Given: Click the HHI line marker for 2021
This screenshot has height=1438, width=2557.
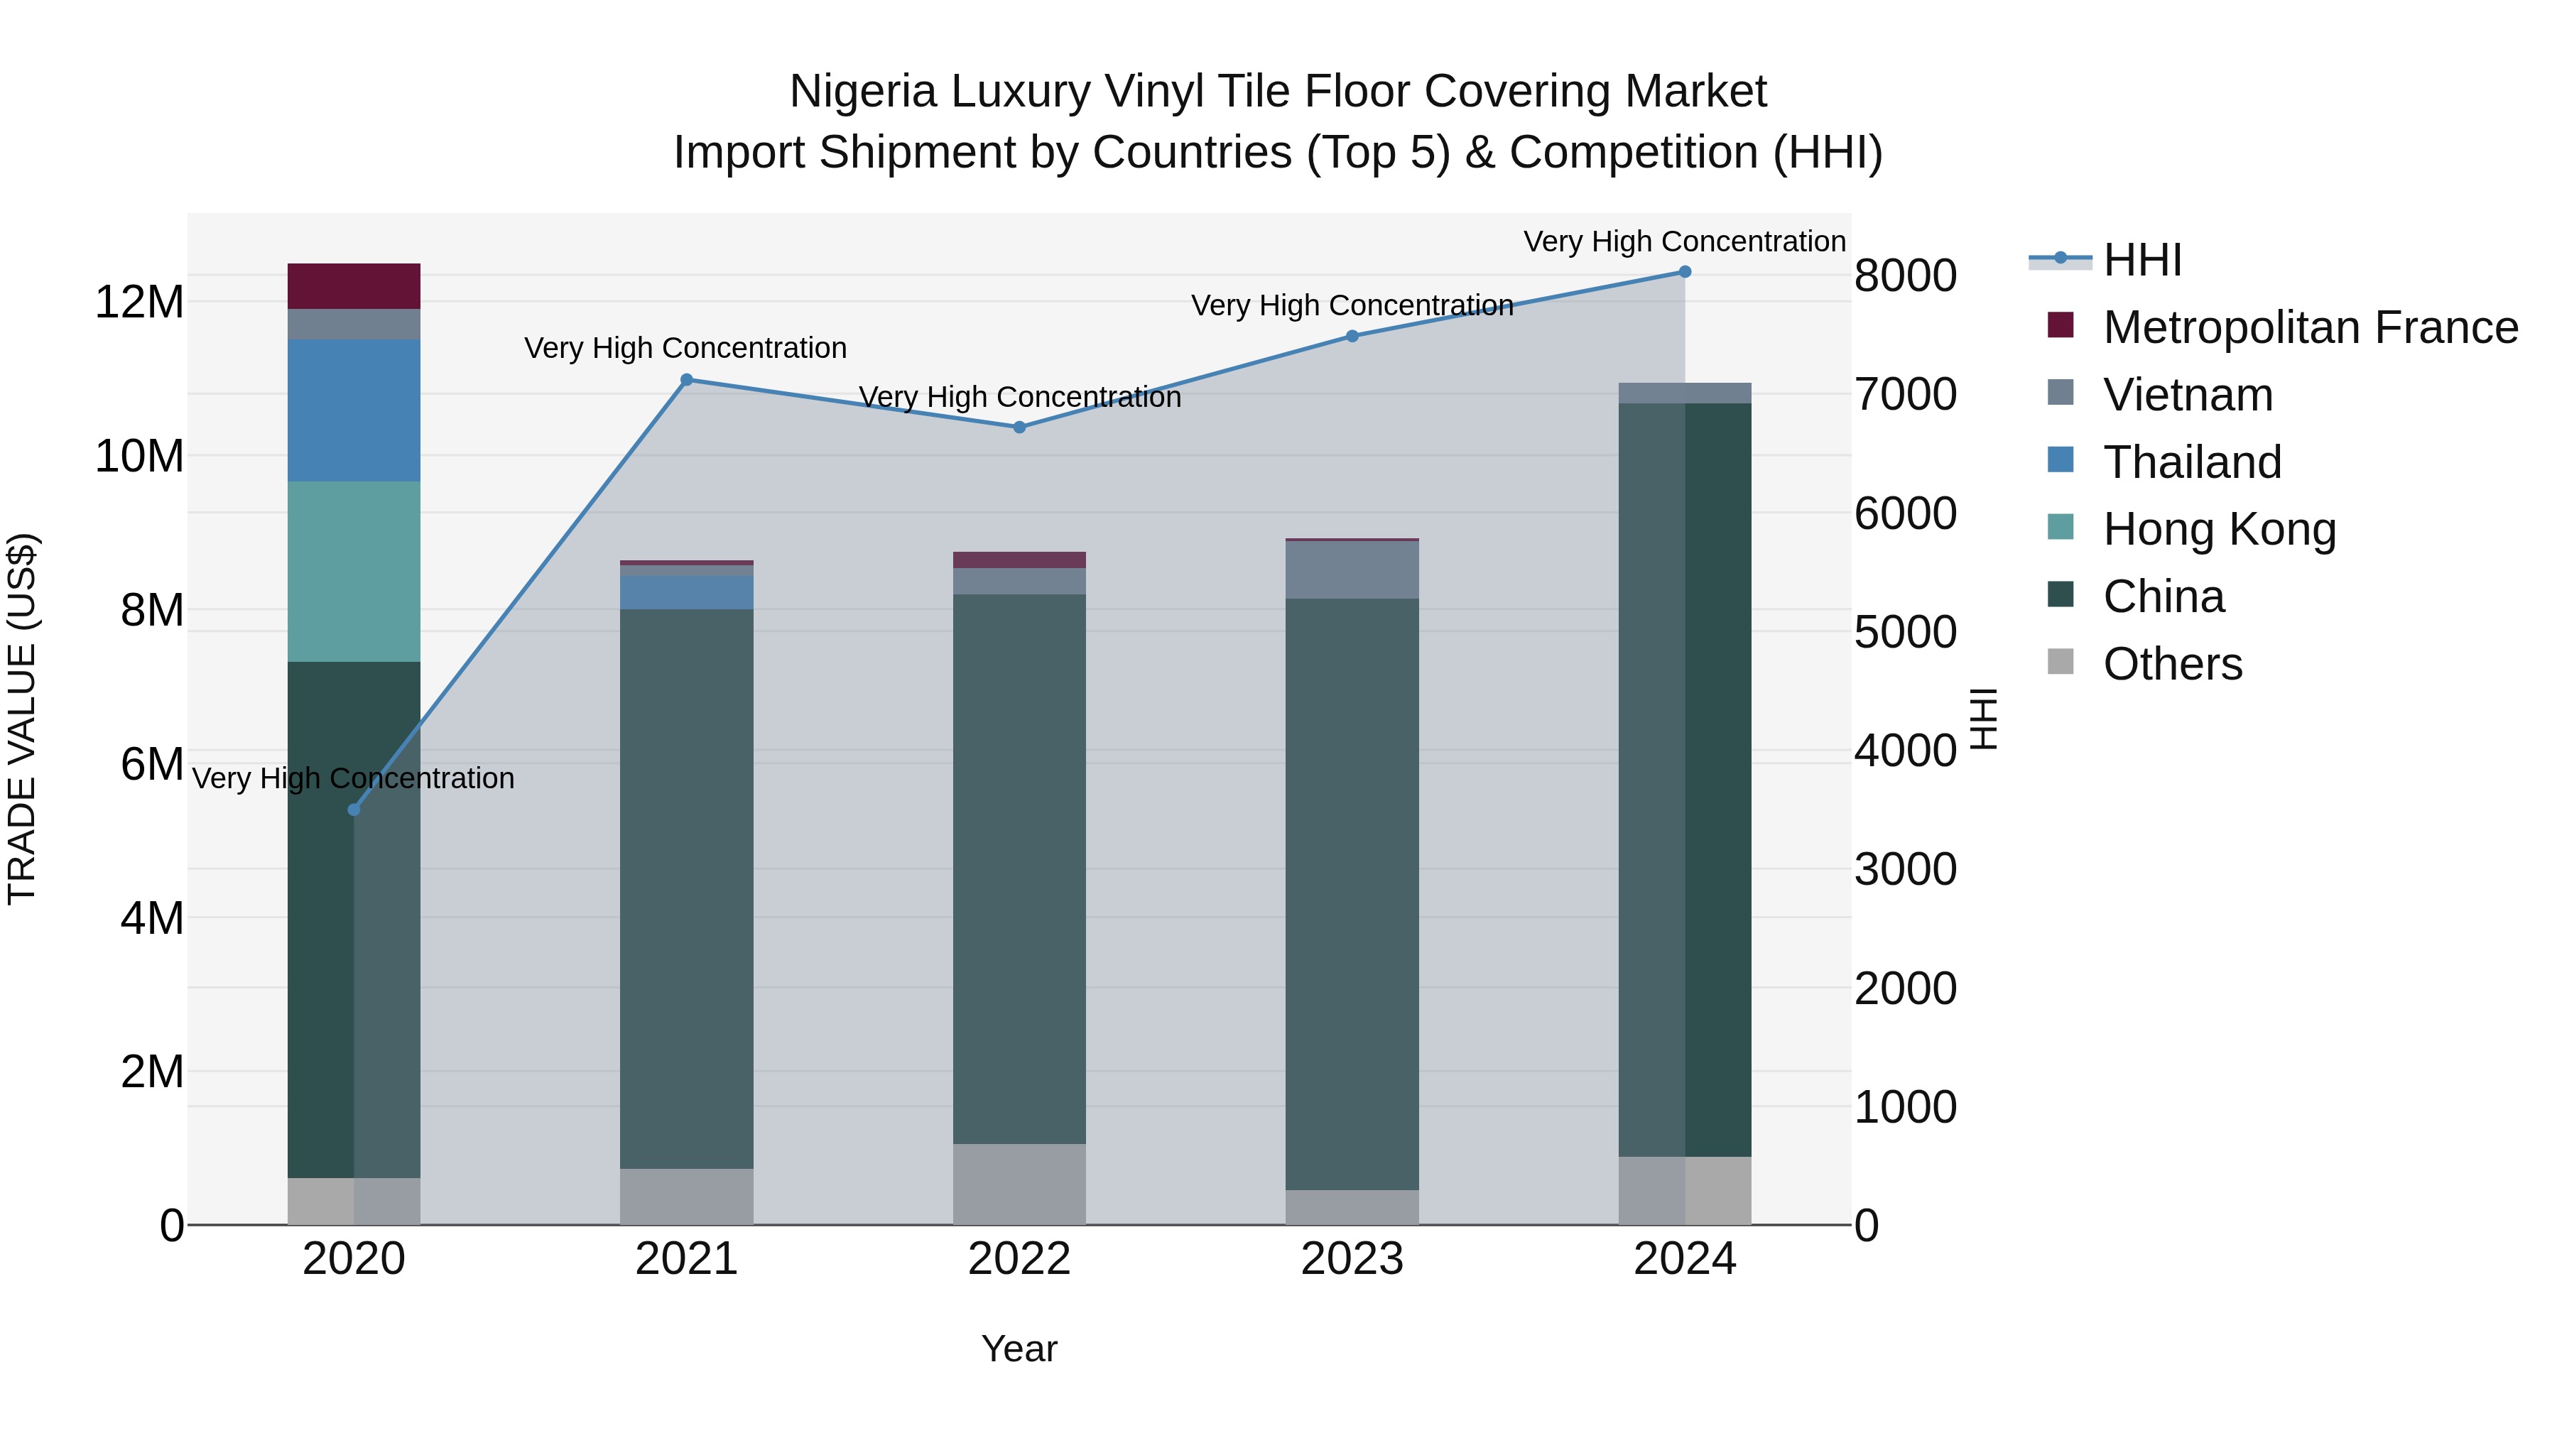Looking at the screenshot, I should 686,379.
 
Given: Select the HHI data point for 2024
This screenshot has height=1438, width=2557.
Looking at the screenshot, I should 1685,272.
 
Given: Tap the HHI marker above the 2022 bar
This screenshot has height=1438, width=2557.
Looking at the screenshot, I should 1019,427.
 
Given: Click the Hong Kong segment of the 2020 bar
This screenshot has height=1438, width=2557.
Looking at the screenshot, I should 354,572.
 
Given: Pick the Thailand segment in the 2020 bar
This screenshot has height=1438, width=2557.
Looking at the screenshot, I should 354,411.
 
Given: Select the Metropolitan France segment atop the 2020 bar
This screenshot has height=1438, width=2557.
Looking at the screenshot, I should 354,285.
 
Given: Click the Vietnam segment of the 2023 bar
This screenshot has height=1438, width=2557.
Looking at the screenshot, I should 1352,570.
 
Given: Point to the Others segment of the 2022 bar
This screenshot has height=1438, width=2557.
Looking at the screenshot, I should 1019,1184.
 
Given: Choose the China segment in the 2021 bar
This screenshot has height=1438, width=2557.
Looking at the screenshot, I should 686,888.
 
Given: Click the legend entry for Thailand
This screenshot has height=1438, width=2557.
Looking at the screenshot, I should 2192,462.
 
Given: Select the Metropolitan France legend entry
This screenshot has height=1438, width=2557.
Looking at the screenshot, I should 2310,327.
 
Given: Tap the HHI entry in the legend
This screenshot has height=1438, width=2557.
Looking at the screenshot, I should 2142,260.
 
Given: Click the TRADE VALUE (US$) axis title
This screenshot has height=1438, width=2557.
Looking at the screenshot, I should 22,719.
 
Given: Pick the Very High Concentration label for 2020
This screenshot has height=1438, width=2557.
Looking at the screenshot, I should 354,778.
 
